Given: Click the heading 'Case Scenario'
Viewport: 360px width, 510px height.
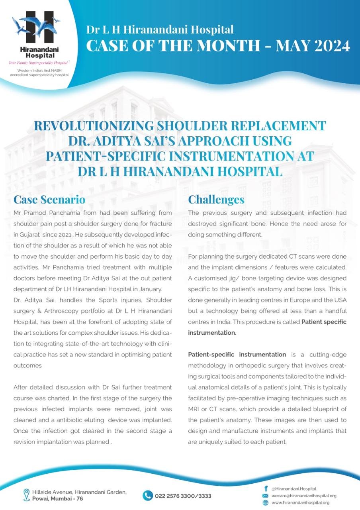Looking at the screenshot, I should tap(49, 199).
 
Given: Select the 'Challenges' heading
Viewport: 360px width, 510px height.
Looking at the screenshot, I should tap(216, 199).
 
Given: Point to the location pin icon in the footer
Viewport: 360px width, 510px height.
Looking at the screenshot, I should tap(27, 495).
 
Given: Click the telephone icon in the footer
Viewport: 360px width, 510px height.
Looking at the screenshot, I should tap(148, 495).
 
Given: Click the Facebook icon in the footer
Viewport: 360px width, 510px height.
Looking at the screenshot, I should tap(266, 488).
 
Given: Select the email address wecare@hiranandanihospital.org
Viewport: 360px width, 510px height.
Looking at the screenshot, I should tap(304, 496).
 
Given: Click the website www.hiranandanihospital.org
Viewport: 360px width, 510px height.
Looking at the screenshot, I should tap(300, 503).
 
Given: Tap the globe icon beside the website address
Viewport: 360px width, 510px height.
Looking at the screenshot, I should tap(266, 503).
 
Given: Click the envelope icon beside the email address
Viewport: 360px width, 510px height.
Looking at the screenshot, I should tap(266, 496).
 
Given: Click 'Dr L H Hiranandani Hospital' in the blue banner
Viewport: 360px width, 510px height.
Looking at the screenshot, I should tap(160, 29).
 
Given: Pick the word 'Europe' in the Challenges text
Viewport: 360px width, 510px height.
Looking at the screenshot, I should tap(285, 300).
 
